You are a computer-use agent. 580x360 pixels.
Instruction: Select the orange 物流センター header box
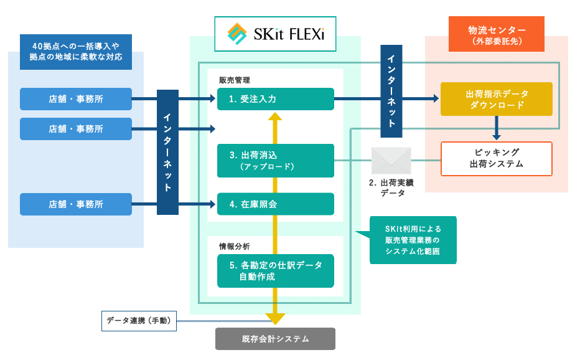(x=496, y=34)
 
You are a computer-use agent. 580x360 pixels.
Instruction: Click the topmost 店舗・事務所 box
(x=76, y=99)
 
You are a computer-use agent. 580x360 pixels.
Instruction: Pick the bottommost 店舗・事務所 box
(x=76, y=204)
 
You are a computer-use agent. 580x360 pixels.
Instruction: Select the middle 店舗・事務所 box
(x=76, y=129)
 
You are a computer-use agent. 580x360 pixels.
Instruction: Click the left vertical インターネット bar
(x=167, y=152)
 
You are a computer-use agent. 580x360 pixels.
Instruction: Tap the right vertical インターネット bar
(x=390, y=87)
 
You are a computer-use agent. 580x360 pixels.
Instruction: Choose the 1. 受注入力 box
(x=275, y=99)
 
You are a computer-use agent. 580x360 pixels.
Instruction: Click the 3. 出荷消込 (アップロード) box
(x=275, y=161)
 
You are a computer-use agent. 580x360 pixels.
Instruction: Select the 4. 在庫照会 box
(x=275, y=204)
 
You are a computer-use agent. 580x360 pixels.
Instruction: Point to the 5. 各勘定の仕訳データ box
(x=275, y=270)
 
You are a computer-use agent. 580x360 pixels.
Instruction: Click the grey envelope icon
(x=391, y=161)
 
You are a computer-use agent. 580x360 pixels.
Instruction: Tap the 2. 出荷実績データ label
(x=391, y=187)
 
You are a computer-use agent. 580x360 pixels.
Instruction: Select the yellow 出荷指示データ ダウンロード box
(x=496, y=98)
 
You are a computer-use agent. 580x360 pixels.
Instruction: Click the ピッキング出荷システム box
(x=496, y=159)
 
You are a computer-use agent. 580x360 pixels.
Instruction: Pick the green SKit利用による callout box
(x=413, y=240)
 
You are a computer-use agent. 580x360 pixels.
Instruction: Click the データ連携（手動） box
(x=139, y=321)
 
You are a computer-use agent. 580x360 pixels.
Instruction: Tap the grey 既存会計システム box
(x=275, y=339)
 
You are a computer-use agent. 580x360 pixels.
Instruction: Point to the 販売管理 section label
(x=234, y=80)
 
